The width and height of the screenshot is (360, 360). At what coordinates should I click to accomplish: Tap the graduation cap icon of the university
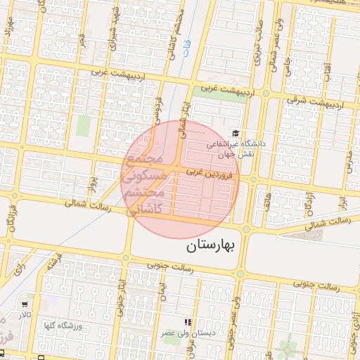coord(235,132)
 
